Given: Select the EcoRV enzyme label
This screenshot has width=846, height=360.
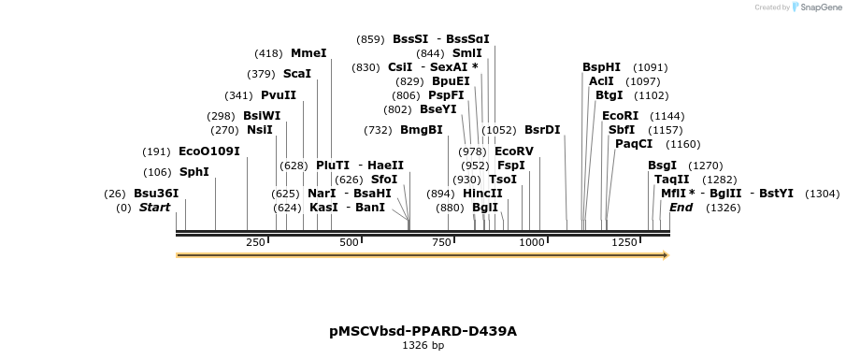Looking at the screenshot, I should pos(513,151).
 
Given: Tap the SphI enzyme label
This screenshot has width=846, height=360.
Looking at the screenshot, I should pos(194,172).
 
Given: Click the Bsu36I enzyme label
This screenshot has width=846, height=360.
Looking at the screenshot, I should pos(156,194).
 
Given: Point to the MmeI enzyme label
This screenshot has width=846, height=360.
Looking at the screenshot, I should pos(308,53).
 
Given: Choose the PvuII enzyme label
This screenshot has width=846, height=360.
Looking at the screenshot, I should pos(279,95).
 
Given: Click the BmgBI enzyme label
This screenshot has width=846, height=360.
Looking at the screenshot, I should pos(421,130).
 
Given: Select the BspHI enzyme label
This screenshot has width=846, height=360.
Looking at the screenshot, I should pos(601,67).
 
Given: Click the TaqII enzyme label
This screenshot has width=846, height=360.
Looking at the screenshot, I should pos(671,180).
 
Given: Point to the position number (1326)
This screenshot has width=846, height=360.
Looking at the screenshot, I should pos(724,208).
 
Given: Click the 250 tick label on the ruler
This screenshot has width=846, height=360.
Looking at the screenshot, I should pos(255,242).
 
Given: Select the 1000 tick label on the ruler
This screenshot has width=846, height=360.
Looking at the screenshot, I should pos(532,242).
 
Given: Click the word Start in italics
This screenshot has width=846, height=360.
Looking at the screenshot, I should pos(154,208).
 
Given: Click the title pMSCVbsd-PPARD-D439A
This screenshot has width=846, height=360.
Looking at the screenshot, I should pos(423,331).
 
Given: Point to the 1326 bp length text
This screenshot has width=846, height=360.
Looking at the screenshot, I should pos(423,346).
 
